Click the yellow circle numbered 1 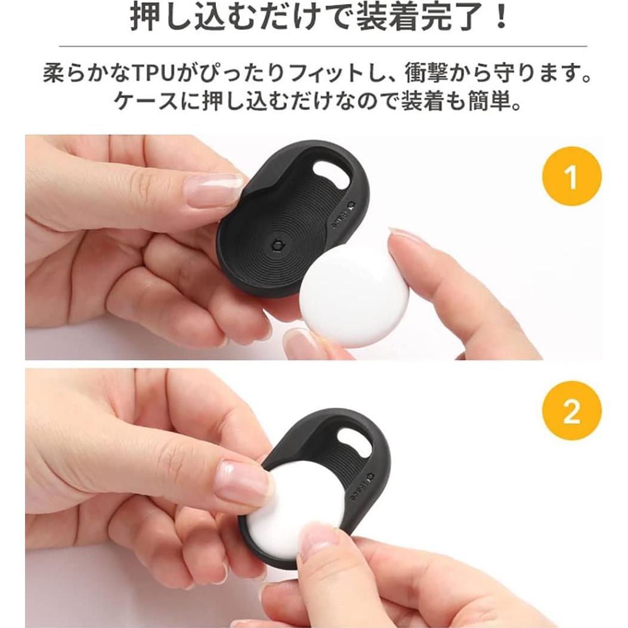pyautogui.click(x=571, y=177)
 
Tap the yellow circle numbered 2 pyautogui.click(x=571, y=411)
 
